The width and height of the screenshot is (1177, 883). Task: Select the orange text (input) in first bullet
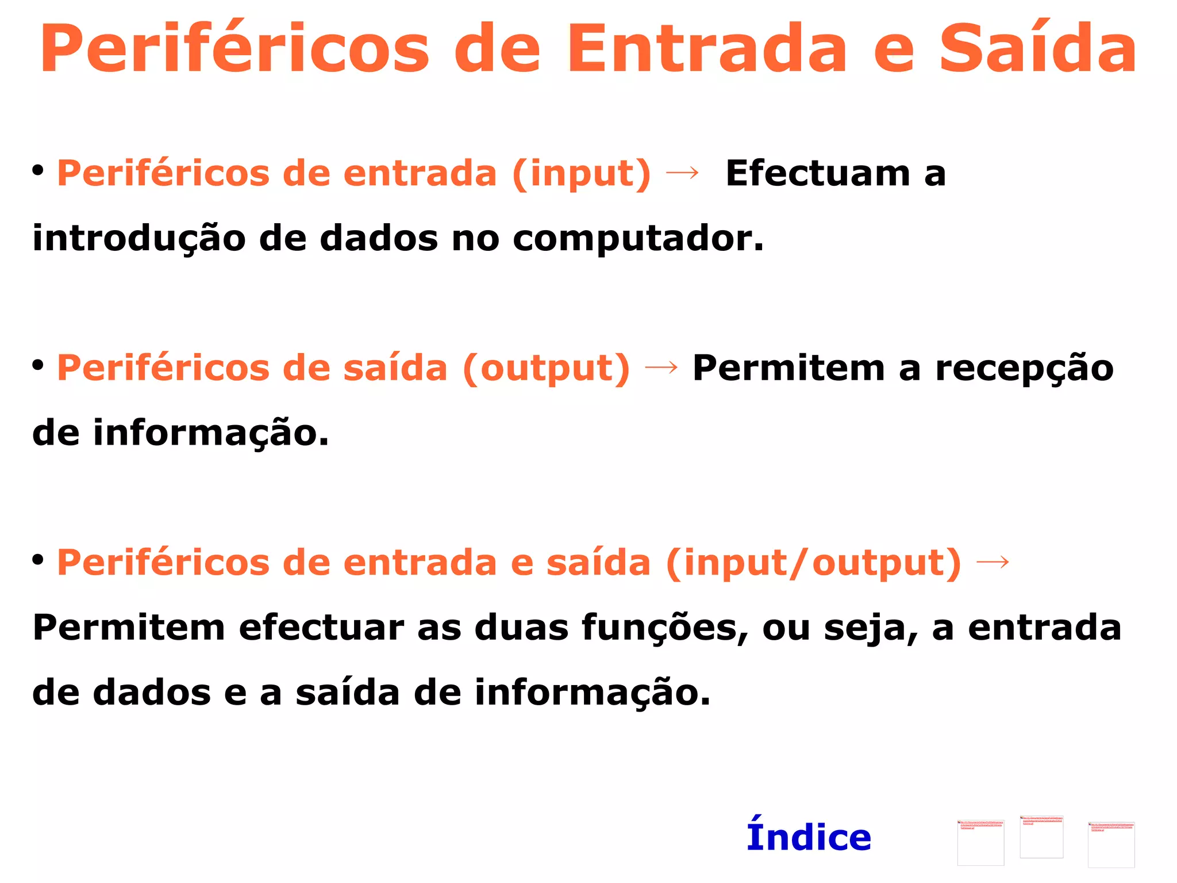click(x=581, y=174)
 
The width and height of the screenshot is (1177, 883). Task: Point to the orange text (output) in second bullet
click(x=546, y=368)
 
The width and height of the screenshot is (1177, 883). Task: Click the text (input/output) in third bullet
click(x=814, y=563)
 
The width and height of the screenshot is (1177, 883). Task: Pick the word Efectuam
click(x=818, y=174)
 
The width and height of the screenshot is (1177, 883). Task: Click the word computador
click(x=638, y=238)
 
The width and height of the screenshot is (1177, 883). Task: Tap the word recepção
click(x=1024, y=368)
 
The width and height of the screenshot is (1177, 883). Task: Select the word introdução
click(x=139, y=238)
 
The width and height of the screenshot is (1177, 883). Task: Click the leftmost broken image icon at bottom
click(x=980, y=842)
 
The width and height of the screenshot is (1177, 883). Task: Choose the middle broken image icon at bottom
click(x=1041, y=836)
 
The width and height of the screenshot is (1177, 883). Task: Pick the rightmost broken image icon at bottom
click(x=1111, y=844)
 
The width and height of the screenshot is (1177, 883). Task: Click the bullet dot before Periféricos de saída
click(x=39, y=365)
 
